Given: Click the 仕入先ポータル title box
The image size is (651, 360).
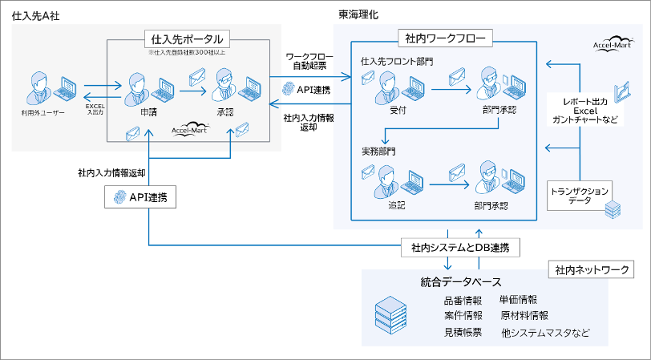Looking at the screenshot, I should pos(187,38).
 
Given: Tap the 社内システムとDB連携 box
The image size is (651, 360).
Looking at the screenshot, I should pos(461,248).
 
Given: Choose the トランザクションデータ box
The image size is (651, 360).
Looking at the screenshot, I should pos(580,193).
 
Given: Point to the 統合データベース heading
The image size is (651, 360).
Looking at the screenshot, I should pos(461,281).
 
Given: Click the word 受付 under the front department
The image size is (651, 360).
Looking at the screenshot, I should pos(398,111).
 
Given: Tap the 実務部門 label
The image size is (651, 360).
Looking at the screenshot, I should pos(379,151).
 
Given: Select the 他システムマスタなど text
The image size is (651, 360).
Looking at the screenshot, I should pos(545,331).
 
